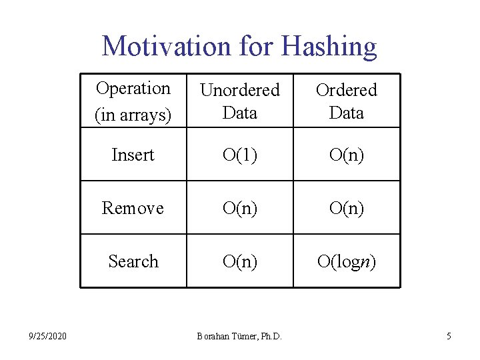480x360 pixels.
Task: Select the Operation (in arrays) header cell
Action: [x=133, y=101]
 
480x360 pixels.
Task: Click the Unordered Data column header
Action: [x=240, y=101]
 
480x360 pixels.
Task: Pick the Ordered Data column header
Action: [x=347, y=101]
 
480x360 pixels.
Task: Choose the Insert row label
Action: [x=133, y=155]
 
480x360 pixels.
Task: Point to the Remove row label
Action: [x=133, y=208]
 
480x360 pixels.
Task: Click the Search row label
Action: [x=133, y=261]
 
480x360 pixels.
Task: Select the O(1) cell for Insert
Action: [x=240, y=155]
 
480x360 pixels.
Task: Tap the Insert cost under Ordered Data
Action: [x=347, y=155]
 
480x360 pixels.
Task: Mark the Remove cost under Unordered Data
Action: [x=240, y=208]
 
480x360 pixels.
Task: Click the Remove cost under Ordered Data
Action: [x=347, y=208]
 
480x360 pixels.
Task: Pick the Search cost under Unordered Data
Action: [x=240, y=261]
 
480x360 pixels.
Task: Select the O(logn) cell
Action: [x=347, y=261]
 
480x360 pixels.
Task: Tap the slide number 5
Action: [x=449, y=337]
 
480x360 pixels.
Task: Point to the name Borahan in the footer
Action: [x=213, y=337]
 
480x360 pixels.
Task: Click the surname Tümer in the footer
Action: [x=242, y=337]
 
